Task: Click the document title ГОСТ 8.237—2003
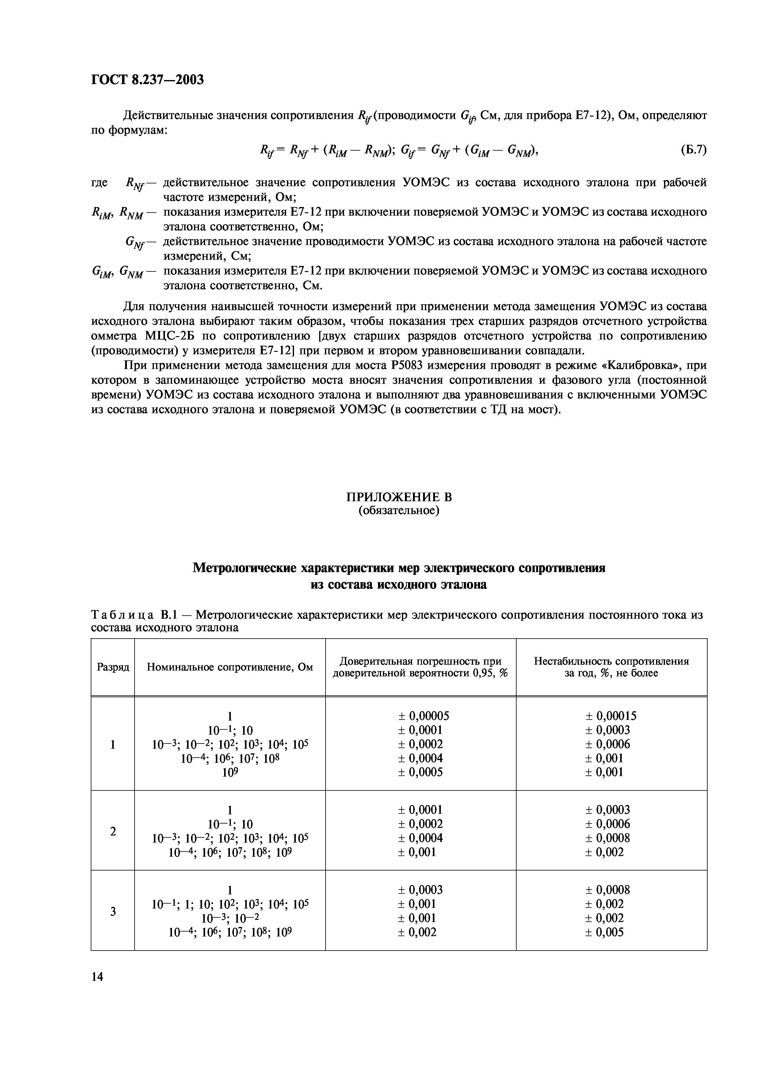coord(147,80)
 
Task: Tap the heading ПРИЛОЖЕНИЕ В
coord(399,497)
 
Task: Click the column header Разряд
coord(113,667)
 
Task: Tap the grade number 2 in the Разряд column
coord(113,831)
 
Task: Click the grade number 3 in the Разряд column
coord(113,912)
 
